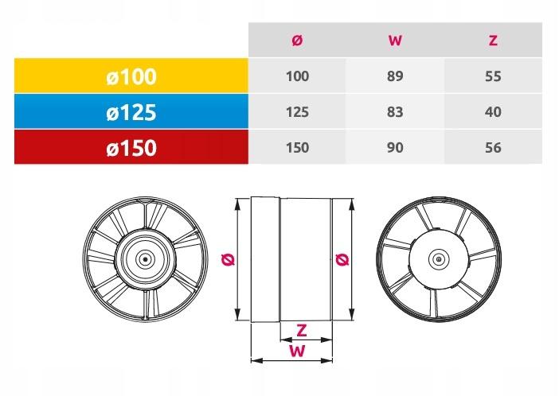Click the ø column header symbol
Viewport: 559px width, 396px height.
(x=297, y=41)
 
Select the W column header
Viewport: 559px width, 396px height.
(x=395, y=41)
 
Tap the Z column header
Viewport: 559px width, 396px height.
(x=493, y=41)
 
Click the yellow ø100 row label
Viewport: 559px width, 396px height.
(x=131, y=76)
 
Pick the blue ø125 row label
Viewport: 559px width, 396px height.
(x=131, y=112)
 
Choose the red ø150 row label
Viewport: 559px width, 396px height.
(x=131, y=148)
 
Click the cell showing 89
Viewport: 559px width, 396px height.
(x=395, y=76)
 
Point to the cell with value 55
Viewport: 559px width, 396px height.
(x=493, y=76)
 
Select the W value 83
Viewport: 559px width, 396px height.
(x=395, y=112)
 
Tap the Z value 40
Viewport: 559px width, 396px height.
(x=493, y=112)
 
